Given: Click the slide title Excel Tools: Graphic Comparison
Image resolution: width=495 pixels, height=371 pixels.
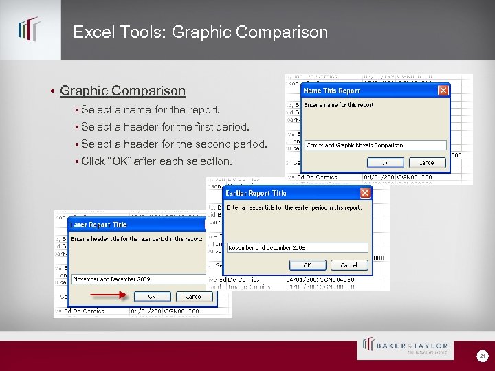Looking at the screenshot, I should pos(200,32).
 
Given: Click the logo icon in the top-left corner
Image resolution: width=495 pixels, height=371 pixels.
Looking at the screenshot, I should pos(29,30).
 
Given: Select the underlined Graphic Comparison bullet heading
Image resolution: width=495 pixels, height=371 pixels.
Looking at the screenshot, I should pos(122,91).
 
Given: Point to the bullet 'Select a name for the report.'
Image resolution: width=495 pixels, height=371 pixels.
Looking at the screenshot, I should pos(151,109).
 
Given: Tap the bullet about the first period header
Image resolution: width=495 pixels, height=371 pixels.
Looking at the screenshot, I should pos(165,126).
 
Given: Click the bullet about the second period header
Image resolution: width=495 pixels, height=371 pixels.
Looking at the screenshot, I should pos(173,144).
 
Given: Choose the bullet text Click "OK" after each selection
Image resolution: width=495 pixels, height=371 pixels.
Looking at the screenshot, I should pos(157,161).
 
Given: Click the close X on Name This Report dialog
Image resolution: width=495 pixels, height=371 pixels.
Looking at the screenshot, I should pos(443,91).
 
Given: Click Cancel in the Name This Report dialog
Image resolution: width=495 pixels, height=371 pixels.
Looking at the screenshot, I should pos(426,163).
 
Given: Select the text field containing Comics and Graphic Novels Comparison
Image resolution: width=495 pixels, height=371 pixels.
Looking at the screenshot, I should pos(375,145).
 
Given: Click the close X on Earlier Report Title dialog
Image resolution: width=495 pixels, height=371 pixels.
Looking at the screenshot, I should pos(365,193).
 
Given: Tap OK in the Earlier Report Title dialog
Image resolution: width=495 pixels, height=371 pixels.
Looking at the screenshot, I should pos(307,265).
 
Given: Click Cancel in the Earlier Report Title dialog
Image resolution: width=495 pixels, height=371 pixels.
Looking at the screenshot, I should pos(349,265).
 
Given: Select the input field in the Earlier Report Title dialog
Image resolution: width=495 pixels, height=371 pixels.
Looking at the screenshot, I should pos(297,247).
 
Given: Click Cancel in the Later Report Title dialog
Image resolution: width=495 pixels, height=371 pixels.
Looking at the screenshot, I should pos(193,297).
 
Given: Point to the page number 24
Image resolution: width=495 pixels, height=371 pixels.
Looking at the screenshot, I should pos(482,355).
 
